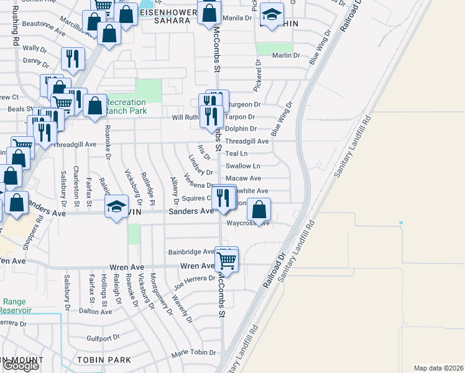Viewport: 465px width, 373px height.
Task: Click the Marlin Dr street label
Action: [286, 55]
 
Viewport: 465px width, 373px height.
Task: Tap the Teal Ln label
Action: [236, 154]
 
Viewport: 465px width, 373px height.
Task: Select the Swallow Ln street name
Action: [242, 166]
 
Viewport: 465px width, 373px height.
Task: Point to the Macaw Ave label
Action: [243, 178]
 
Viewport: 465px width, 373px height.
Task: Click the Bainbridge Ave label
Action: [191, 252]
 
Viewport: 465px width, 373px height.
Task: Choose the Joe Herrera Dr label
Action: [195, 279]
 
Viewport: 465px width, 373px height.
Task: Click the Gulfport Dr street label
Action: [103, 338]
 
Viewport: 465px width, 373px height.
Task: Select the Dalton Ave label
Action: [96, 311]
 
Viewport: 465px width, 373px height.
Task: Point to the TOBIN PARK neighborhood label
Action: [104, 360]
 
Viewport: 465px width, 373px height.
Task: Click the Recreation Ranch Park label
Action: [126, 106]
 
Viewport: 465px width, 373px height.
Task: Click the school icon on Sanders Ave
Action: [116, 207]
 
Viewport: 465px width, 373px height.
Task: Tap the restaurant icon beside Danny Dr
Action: [73, 59]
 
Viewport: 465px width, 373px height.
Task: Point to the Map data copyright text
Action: [438, 368]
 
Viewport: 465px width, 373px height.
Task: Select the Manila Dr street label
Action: [237, 18]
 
